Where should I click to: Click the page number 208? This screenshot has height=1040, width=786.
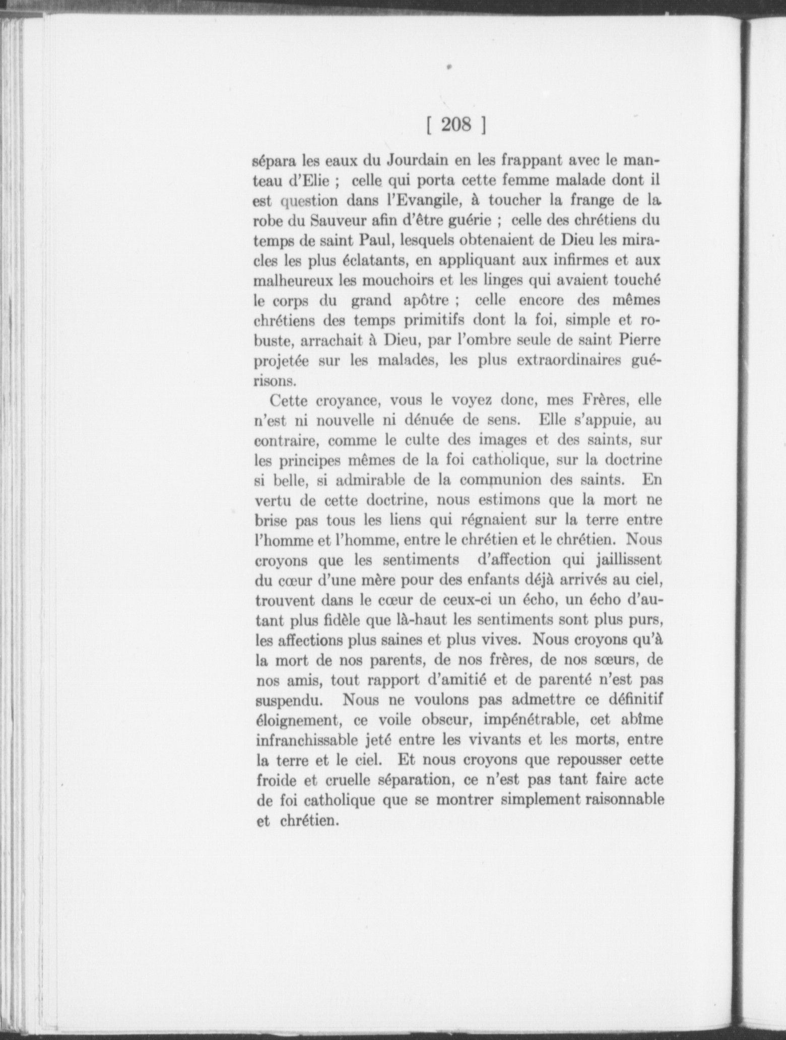coord(455,125)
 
